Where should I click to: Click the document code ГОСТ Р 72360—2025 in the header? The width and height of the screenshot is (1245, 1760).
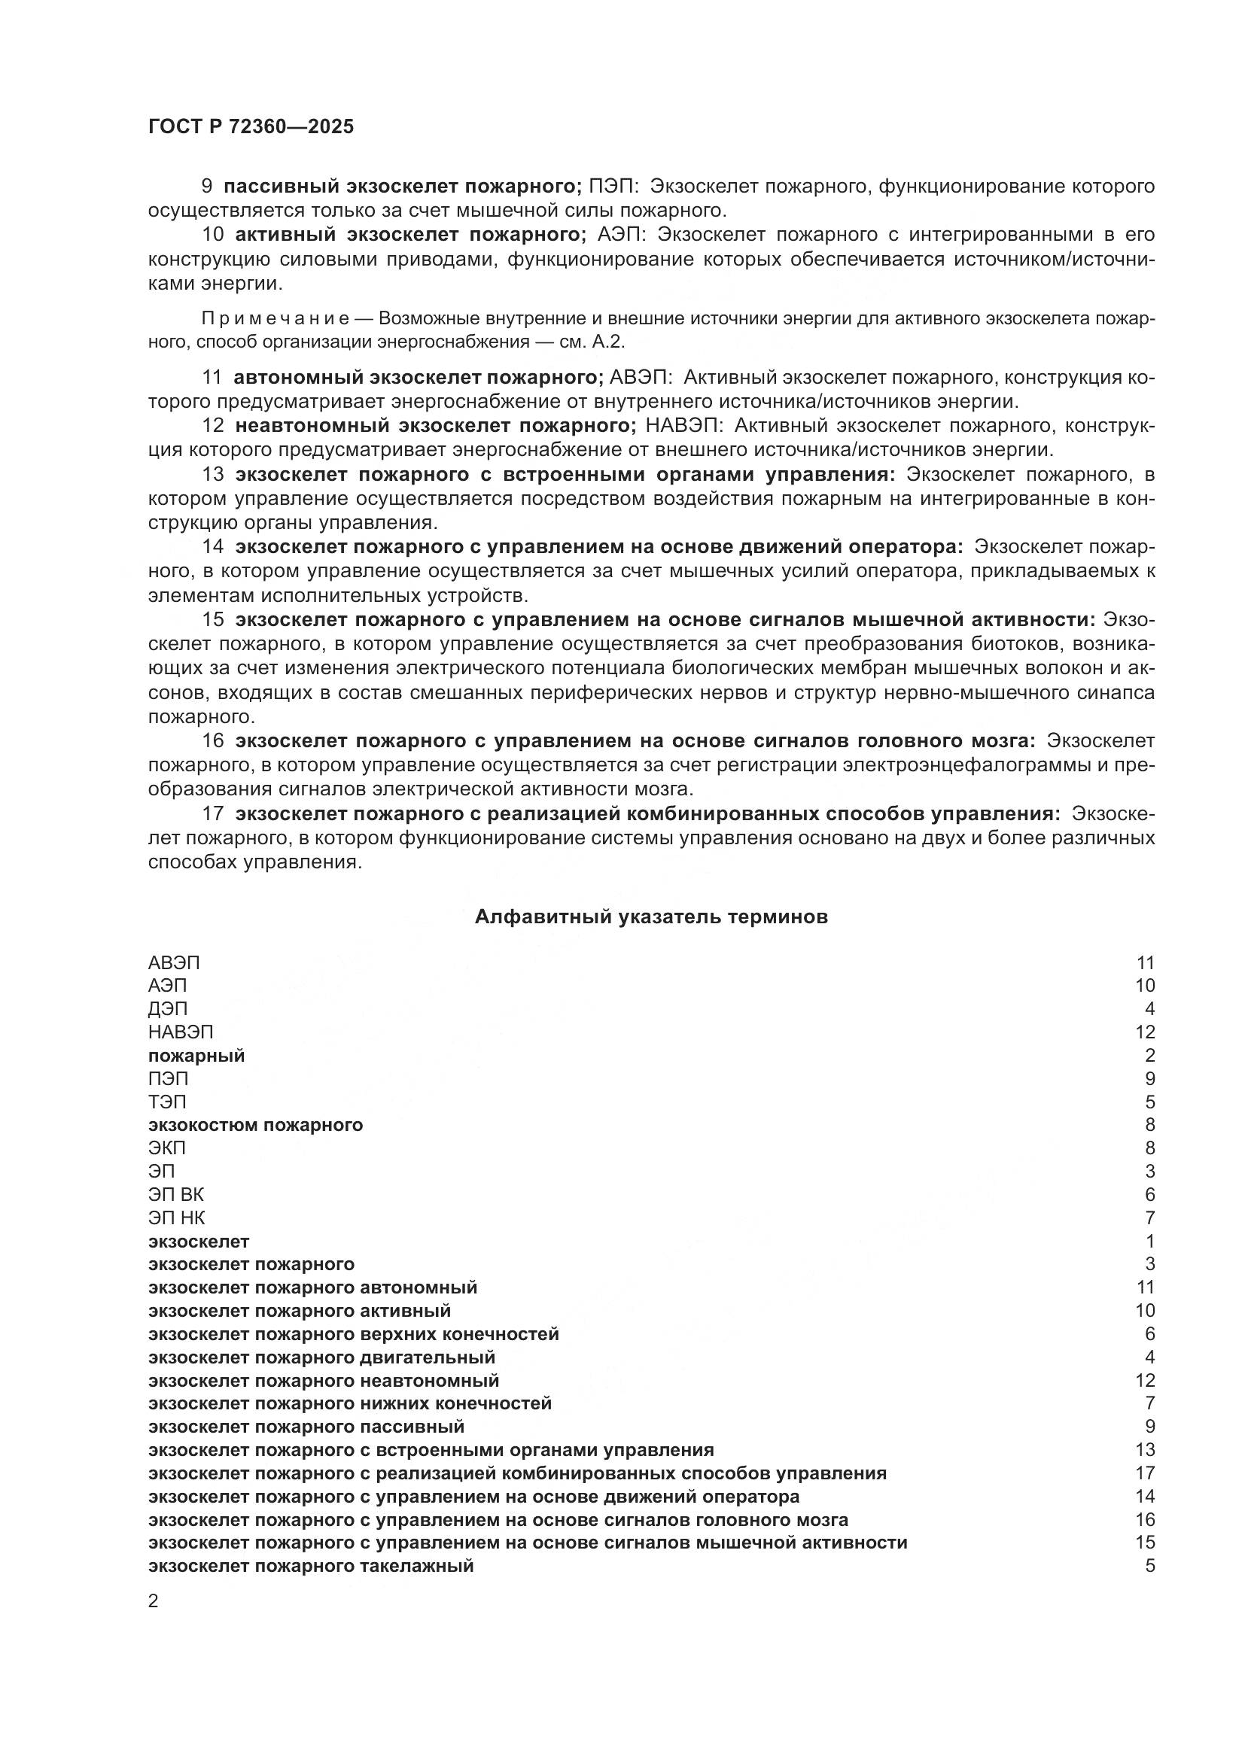tap(251, 126)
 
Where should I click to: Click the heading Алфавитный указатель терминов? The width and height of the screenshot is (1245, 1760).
tap(651, 916)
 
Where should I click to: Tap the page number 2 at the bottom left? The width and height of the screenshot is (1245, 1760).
tap(154, 1601)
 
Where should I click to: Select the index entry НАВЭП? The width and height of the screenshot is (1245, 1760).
tap(180, 1032)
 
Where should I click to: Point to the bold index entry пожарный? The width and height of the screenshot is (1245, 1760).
tap(196, 1056)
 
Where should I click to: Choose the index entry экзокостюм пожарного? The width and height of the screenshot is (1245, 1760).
tap(255, 1124)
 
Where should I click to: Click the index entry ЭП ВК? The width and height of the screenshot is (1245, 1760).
tap(175, 1194)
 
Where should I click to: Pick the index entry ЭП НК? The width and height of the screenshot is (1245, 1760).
tap(176, 1217)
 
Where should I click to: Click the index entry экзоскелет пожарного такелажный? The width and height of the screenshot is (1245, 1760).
tap(310, 1566)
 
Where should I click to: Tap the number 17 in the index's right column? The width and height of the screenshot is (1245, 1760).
tap(1145, 1473)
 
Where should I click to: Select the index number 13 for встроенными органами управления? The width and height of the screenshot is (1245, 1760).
tap(1145, 1449)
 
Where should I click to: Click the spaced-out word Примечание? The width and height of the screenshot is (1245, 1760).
tap(275, 318)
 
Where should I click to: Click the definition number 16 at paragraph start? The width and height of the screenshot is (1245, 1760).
tap(212, 740)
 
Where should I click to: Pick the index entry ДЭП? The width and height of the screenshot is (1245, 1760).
tap(167, 1009)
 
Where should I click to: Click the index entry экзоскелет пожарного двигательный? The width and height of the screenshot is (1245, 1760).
tap(321, 1357)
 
